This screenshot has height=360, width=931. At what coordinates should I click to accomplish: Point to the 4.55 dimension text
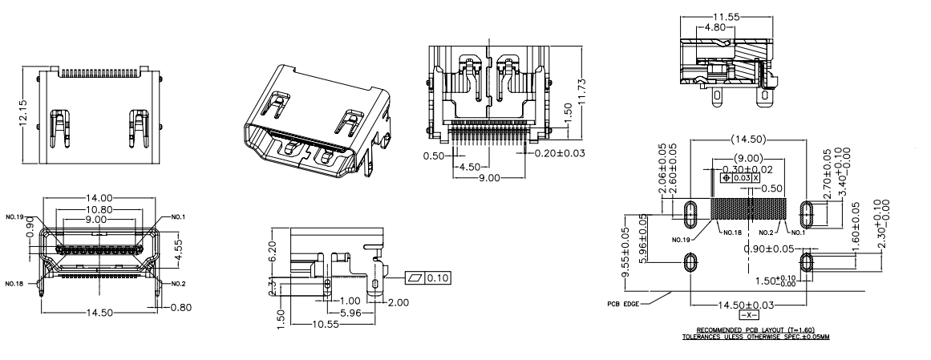coord(180,244)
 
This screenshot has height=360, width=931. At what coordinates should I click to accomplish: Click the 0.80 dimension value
coord(181,305)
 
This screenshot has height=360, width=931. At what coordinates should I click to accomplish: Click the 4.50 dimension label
coord(469,167)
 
